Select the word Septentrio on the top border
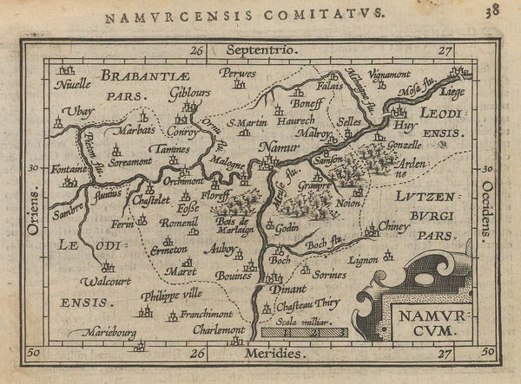[x=260, y=50]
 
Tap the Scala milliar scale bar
[x=303, y=332]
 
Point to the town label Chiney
[x=392, y=226]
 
